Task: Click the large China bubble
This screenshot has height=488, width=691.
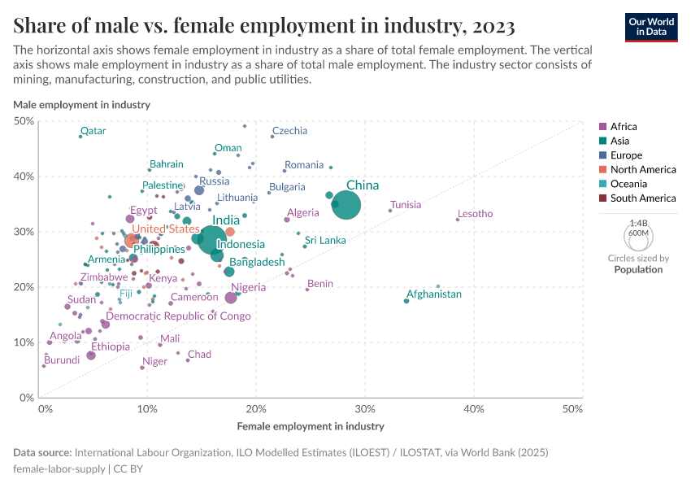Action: tap(346, 205)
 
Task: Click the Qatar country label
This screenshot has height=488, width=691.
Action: tap(93, 131)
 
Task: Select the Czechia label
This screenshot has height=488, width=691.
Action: tap(289, 131)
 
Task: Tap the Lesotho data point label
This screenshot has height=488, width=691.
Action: tap(475, 214)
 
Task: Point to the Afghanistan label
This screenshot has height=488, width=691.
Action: tap(434, 294)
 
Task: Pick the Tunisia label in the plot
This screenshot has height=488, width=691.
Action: tap(406, 205)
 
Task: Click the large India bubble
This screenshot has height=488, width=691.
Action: tap(212, 239)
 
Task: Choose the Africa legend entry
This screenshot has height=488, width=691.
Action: tap(624, 127)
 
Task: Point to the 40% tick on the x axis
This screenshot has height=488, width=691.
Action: tap(474, 408)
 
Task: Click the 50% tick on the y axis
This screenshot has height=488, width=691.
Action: tap(24, 121)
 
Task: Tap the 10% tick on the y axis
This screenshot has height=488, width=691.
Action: tap(24, 342)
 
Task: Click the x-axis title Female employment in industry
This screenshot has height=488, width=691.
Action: tap(311, 426)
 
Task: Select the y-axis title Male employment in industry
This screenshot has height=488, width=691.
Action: tap(81, 104)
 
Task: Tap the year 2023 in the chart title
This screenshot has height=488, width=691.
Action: tap(491, 27)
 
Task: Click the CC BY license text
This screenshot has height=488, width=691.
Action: tap(128, 468)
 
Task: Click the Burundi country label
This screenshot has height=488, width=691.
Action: tap(62, 359)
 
